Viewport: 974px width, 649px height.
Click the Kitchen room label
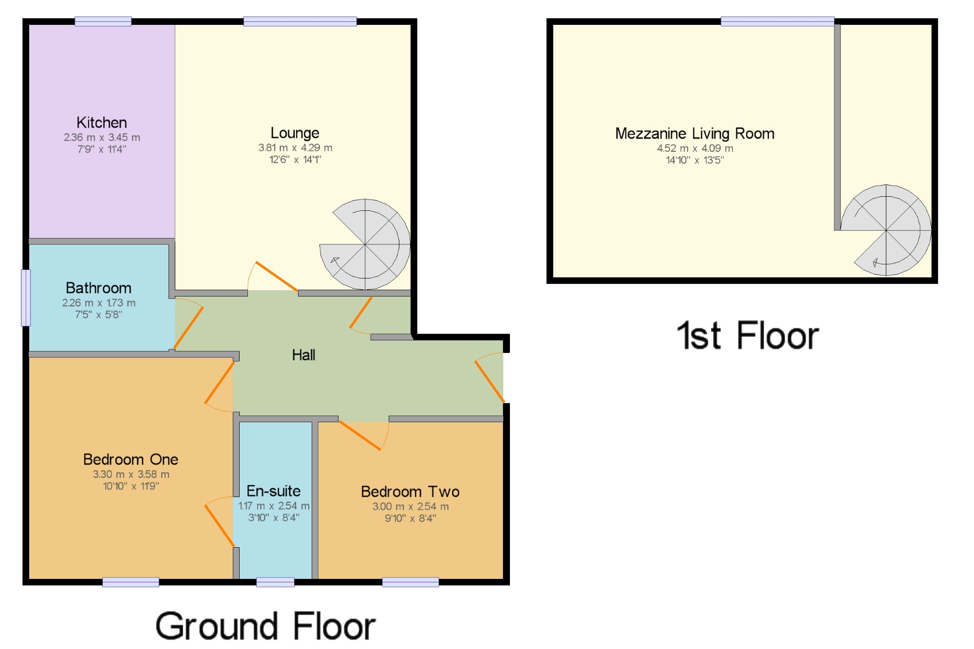pos(102,122)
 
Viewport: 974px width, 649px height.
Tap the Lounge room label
pos(295,132)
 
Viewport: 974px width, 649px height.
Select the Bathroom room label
pos(98,288)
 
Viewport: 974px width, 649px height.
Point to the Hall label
pos(303,355)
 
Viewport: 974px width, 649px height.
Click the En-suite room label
pos(274,491)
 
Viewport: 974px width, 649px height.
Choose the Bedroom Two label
pos(410,492)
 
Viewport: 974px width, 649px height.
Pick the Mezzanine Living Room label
pos(695,133)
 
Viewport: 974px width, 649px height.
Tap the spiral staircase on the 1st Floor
pos(886,230)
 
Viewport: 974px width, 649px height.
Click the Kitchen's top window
pos(103,21)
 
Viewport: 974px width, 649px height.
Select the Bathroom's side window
pos(26,298)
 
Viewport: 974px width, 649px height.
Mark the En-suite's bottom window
pos(275,582)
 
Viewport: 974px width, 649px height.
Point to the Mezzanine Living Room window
pos(777,21)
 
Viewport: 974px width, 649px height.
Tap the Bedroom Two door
pos(364,435)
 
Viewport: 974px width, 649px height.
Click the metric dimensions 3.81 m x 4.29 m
pos(295,148)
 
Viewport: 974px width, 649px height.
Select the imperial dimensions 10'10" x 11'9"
pos(131,486)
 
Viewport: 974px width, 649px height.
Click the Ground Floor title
pos(265,626)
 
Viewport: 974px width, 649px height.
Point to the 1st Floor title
pos(748,335)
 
